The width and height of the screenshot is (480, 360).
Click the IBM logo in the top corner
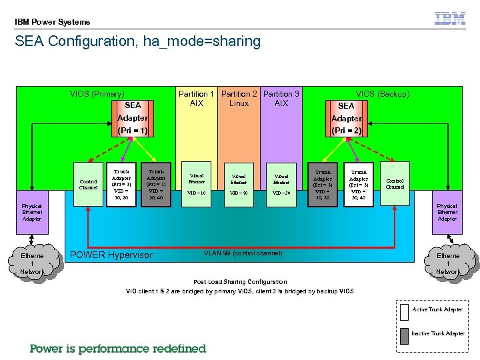[450, 19]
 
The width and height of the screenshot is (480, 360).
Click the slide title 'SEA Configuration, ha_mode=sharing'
[138, 41]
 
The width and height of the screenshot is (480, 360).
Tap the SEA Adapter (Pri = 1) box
[132, 119]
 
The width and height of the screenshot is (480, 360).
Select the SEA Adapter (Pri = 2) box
[346, 119]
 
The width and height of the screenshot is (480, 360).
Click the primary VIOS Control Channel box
[89, 183]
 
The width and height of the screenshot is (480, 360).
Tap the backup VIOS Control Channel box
[395, 183]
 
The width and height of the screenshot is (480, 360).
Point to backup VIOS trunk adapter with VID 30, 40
[359, 184]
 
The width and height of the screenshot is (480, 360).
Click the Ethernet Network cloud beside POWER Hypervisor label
[32, 263]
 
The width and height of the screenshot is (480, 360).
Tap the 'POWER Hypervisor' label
[111, 255]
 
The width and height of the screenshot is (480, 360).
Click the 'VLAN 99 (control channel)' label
[243, 253]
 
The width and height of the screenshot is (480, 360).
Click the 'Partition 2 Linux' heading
[239, 99]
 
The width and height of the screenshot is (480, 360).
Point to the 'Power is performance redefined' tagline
[118, 348]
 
